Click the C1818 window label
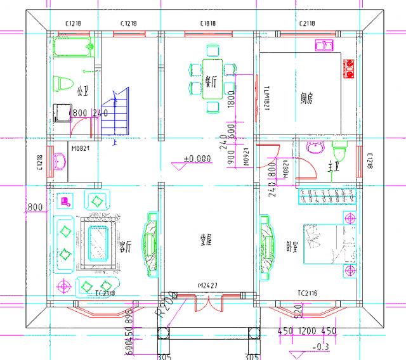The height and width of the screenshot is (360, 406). coord(208,23)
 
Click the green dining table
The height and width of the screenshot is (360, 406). coord(212,79)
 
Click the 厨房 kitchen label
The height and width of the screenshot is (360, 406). coord(307,98)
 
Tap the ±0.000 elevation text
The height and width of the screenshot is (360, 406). coord(197,159)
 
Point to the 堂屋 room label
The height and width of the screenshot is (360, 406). coord(206,239)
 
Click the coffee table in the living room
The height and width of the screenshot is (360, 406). coord(97,242)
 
